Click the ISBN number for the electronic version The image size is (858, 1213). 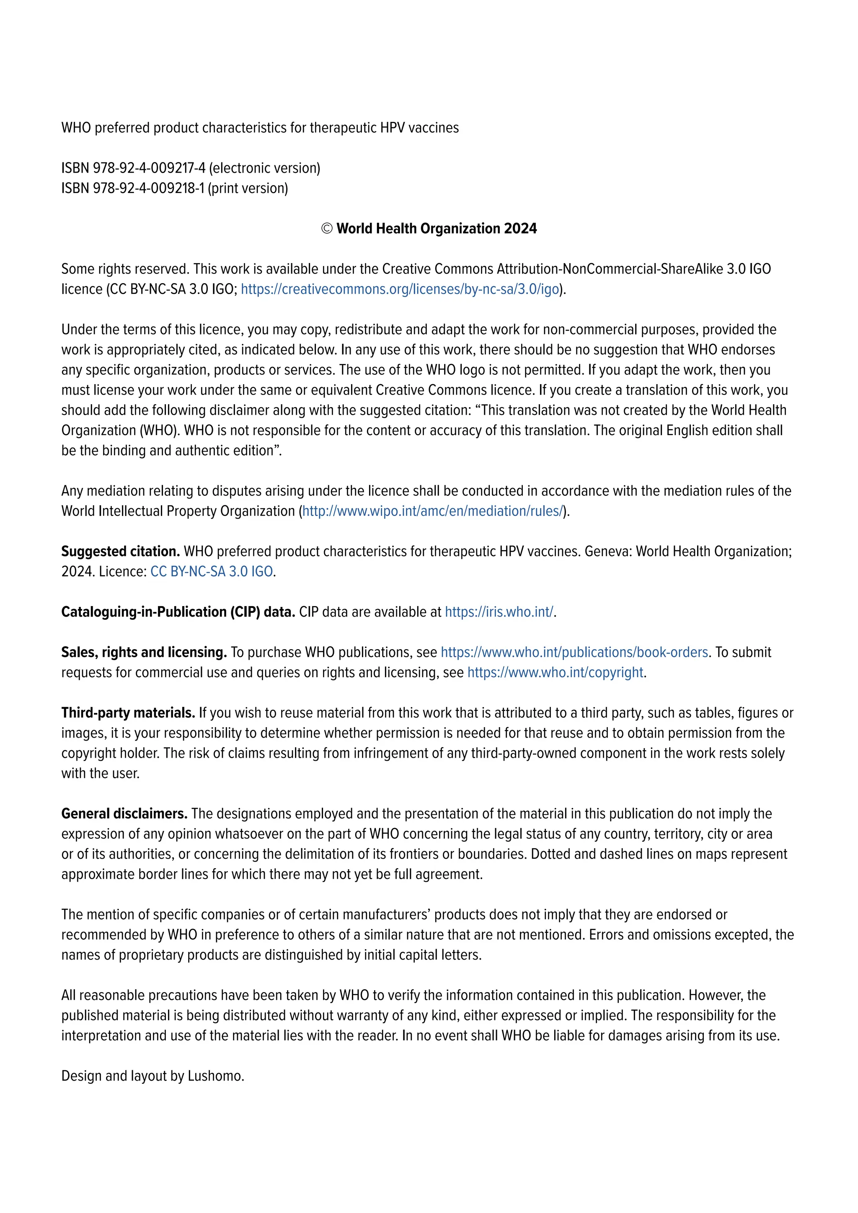149,168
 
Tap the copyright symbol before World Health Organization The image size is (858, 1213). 327,229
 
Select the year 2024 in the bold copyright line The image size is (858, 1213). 520,229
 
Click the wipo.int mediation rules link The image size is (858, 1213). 433,511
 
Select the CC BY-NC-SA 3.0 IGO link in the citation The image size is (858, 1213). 211,572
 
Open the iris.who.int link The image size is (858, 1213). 499,612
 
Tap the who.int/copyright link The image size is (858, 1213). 555,673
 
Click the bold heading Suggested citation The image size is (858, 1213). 121,552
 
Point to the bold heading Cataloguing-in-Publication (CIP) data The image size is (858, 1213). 178,612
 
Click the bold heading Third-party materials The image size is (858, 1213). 128,713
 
